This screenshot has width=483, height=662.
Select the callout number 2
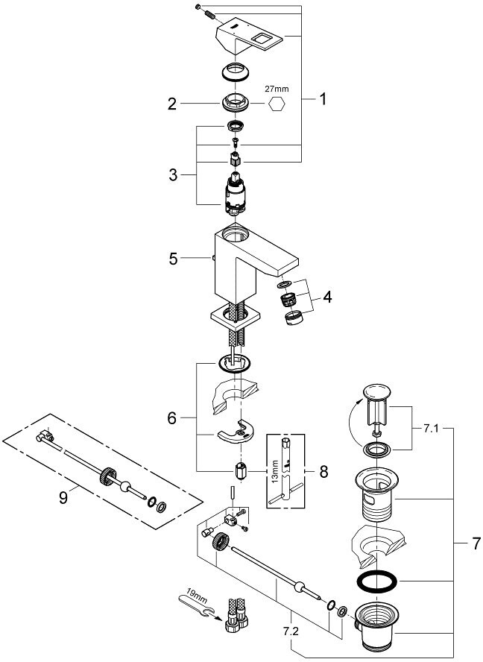coord(172,104)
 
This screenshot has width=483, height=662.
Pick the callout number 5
coord(173,259)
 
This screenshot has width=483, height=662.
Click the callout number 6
coord(173,420)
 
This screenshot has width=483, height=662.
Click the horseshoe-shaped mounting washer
coord(236,433)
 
